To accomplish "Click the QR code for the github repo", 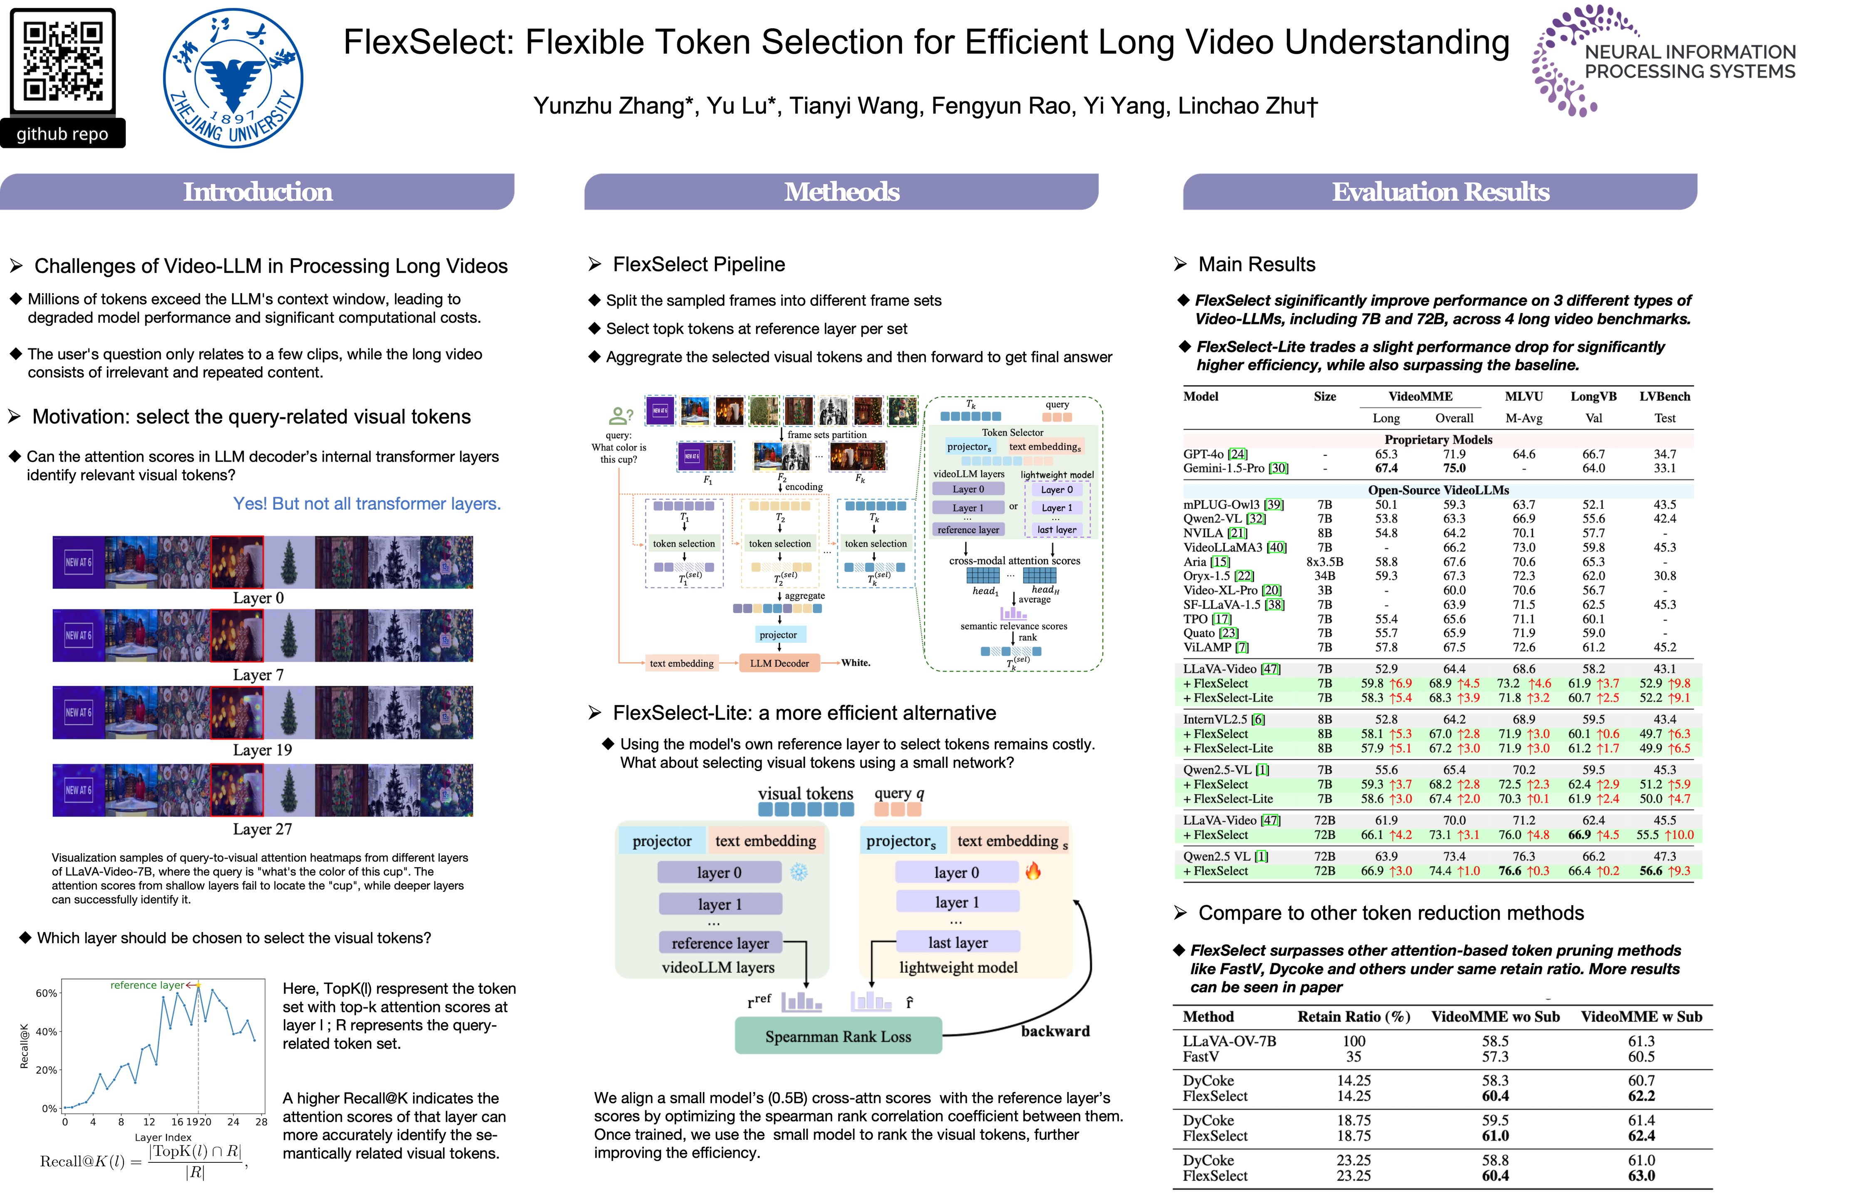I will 62,61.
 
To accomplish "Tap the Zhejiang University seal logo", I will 233,78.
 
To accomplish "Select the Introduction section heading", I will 258,192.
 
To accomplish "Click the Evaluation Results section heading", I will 1440,192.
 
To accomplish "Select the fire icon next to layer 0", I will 1033,871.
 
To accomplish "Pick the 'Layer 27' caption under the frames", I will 262,829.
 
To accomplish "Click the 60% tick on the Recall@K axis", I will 47,993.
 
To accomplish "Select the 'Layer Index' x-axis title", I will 163,1137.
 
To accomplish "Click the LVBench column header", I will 1665,396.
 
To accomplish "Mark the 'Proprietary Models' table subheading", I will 1438,440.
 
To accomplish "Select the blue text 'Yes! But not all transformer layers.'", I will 367,504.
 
